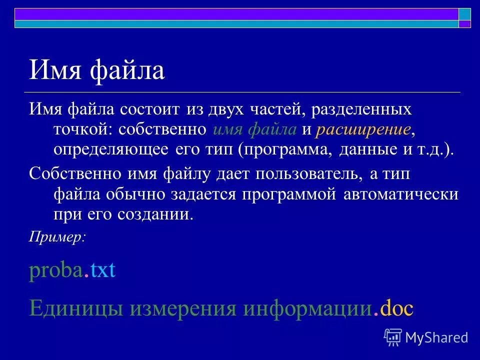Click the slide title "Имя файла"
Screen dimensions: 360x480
[96, 70]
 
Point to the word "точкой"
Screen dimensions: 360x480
[83, 129]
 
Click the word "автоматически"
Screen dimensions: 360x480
[400, 194]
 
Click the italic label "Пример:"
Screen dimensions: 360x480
[57, 237]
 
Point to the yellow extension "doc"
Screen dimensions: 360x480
[396, 308]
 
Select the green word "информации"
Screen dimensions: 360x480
[307, 308]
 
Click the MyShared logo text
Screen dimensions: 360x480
[436, 337]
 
